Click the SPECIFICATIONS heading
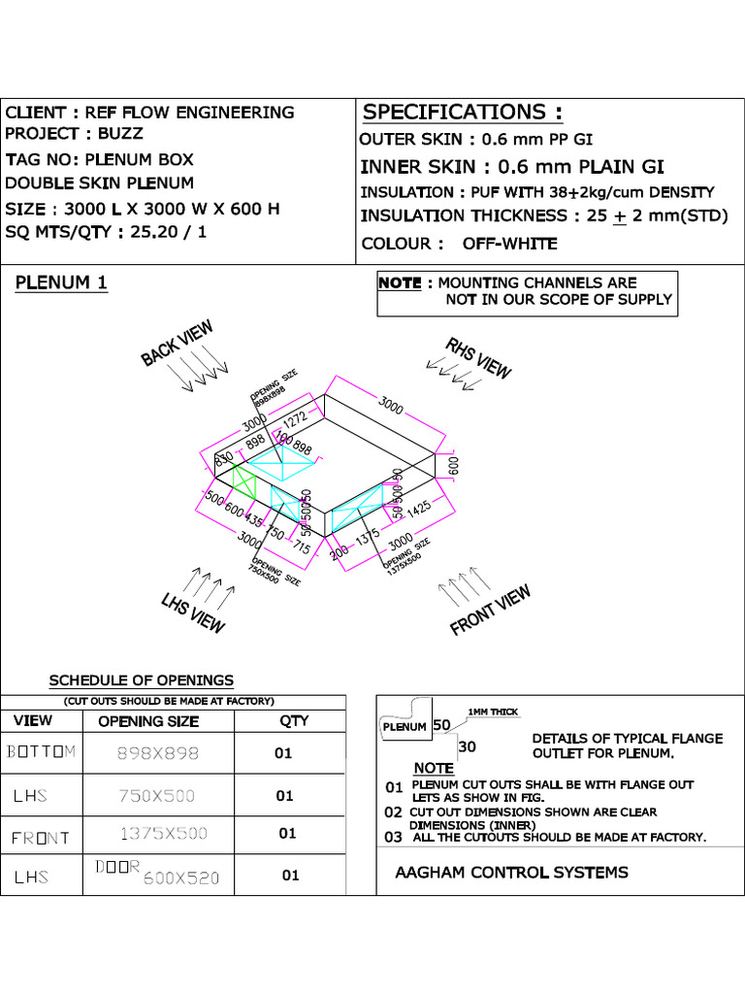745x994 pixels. (x=462, y=113)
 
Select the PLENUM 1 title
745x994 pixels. (x=61, y=283)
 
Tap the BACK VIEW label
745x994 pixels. (x=177, y=344)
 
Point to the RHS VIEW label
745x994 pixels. (x=478, y=358)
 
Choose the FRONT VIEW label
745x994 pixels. (x=491, y=611)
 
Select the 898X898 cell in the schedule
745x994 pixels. (x=156, y=752)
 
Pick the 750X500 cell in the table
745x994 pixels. (x=156, y=796)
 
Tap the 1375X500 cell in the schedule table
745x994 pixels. (x=163, y=833)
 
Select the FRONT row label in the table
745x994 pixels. (x=40, y=838)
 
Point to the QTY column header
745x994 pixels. (x=293, y=720)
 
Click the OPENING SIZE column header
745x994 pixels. (x=148, y=721)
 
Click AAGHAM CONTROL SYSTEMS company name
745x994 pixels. (x=511, y=873)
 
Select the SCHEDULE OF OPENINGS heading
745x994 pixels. (x=142, y=680)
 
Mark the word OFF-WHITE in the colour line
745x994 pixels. (x=509, y=244)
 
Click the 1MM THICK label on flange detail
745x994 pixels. (x=493, y=712)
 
